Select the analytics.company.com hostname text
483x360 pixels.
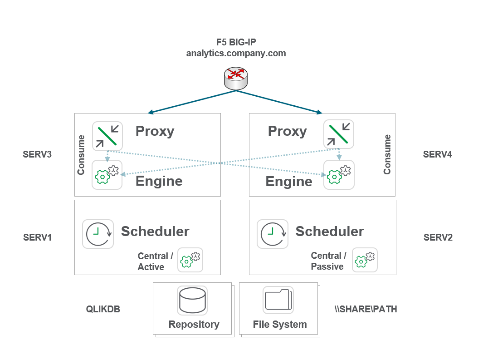click(x=236, y=53)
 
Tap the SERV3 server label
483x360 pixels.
click(x=37, y=154)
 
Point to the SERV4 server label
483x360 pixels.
click(x=437, y=154)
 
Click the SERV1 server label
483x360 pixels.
click(x=37, y=237)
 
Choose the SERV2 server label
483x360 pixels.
click(x=438, y=237)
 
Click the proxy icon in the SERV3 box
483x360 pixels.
click(x=107, y=135)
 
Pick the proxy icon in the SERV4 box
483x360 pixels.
click(x=339, y=134)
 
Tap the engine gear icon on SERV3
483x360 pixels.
click(x=107, y=175)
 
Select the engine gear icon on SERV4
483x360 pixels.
click(x=339, y=175)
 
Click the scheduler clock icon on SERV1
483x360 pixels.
click(x=98, y=234)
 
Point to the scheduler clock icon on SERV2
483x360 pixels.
click(x=273, y=234)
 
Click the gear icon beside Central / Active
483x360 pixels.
click(x=190, y=260)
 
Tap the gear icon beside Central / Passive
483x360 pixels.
click(x=365, y=260)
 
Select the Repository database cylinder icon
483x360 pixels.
click(x=192, y=300)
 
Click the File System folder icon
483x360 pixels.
click(x=278, y=300)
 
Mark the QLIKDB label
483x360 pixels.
click(x=103, y=309)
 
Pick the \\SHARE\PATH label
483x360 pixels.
click(x=365, y=309)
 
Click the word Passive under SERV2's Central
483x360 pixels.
click(x=327, y=266)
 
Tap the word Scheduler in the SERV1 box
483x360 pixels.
click(x=155, y=231)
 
